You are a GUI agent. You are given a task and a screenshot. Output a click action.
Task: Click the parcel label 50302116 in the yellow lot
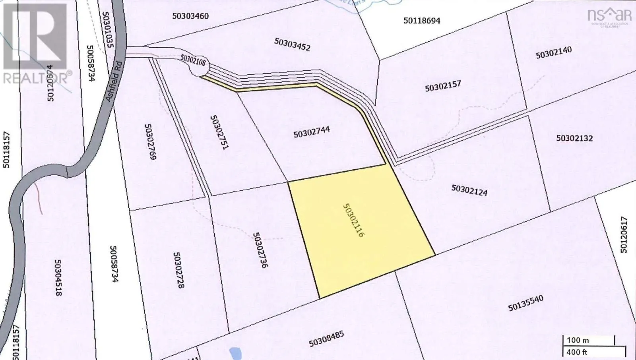353,221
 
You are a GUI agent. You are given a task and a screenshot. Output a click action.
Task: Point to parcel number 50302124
469,190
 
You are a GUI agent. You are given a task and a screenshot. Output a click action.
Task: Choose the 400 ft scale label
577,352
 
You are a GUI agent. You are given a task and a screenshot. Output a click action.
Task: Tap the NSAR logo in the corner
609,16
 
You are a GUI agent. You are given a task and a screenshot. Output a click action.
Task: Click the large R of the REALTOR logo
35,36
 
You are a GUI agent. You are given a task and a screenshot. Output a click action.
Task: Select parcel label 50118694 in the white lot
422,21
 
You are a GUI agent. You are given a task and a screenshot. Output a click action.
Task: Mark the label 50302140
554,52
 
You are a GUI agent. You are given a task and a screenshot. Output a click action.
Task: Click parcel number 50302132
574,138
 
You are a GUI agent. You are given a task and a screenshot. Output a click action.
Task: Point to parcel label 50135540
525,303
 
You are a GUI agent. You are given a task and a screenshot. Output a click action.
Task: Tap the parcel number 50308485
326,339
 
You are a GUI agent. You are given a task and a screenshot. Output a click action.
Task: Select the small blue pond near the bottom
235,353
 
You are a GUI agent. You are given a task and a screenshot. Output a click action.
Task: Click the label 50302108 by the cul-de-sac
193,60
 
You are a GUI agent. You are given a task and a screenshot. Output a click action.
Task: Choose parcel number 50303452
292,45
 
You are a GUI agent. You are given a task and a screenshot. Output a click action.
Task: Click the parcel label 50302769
150,141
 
